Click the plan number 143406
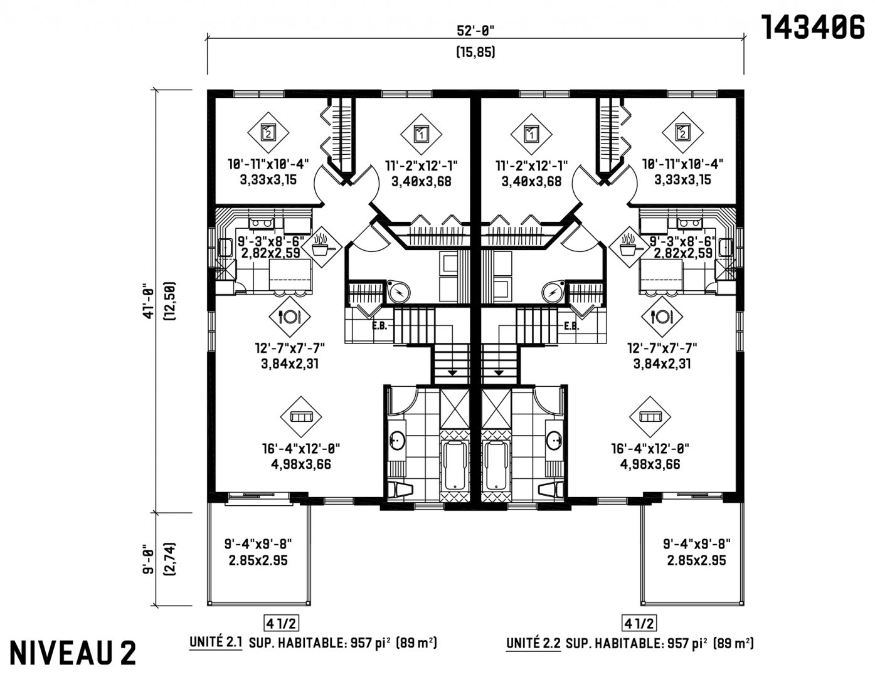point(812,28)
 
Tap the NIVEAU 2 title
point(73,653)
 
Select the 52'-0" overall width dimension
point(475,31)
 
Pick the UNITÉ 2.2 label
point(533,643)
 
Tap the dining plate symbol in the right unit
point(662,317)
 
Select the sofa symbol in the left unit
point(301,417)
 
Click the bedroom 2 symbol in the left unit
point(268,132)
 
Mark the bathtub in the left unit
point(455,465)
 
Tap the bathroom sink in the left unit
point(397,440)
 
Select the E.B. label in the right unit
point(571,325)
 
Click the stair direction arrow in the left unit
point(452,373)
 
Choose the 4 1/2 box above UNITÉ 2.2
point(639,623)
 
